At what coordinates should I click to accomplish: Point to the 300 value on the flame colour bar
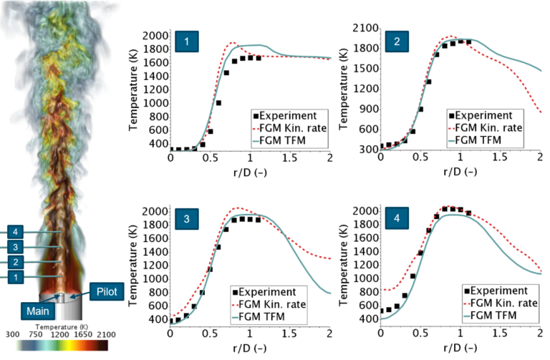coord(13,334)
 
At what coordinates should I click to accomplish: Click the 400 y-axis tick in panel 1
coord(157,143)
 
